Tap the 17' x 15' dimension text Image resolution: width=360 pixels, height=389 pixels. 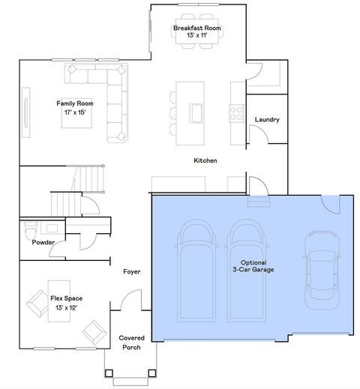pos(75,112)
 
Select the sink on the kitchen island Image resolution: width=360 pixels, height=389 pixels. pos(196,112)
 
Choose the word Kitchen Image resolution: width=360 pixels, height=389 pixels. pos(205,160)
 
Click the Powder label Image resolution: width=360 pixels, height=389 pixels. pos(43,243)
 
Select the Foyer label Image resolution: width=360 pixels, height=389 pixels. pos(131,272)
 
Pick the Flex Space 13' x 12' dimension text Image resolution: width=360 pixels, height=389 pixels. pos(66,307)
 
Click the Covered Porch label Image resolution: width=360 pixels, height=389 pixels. pos(132,343)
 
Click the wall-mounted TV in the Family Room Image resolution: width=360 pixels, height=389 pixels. pos(27,112)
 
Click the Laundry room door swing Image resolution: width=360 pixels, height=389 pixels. pos(258,134)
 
